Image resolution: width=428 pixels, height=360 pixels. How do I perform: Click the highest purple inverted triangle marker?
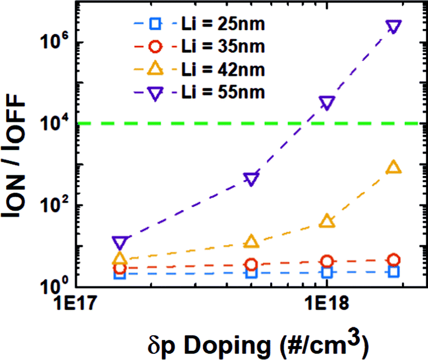(394, 27)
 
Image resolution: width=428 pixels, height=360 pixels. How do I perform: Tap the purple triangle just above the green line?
(327, 103)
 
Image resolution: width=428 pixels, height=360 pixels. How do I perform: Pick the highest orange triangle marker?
(394, 168)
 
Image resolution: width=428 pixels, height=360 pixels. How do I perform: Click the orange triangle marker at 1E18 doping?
(327, 221)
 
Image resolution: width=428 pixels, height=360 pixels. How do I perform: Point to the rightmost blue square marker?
(394, 272)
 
